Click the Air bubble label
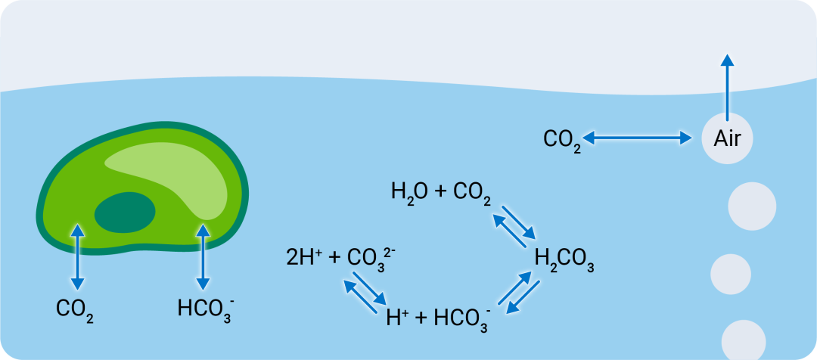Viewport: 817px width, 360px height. coord(727,139)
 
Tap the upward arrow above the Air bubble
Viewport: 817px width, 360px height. coord(728,87)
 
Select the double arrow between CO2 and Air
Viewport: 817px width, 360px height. coord(637,138)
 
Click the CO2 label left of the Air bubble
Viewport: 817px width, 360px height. coord(561,141)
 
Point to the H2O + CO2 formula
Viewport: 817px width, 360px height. coord(441,194)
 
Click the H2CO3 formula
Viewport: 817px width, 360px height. coord(565,261)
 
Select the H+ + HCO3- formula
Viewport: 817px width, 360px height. coord(439,318)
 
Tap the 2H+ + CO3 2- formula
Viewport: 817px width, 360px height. coord(341,259)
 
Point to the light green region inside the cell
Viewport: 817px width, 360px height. coord(172,175)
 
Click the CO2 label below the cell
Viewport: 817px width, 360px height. coord(74,311)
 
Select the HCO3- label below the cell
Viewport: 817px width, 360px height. coord(203,311)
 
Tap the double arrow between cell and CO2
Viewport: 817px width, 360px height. coord(78,257)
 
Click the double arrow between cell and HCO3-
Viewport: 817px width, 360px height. coord(203,257)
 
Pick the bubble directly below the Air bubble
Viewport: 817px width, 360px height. coord(752,206)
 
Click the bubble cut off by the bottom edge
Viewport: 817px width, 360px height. coord(744,340)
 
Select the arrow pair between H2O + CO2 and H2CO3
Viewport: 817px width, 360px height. coord(514,226)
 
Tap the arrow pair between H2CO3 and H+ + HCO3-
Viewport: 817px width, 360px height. coord(519,293)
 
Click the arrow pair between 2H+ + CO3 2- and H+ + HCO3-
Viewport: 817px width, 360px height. coord(365,292)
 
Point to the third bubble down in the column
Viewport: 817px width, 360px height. coord(731,274)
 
